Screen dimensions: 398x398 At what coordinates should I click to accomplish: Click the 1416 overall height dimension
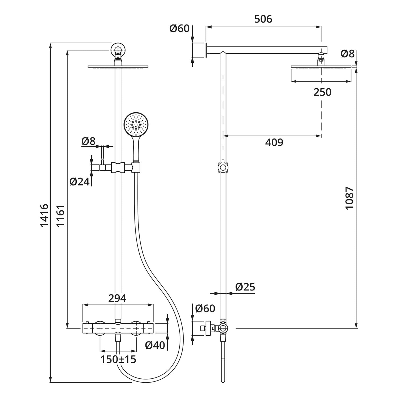[x=44, y=215]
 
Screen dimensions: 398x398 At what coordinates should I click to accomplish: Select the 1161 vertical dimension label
[x=60, y=215]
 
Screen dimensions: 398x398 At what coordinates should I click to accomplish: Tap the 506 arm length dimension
[x=263, y=19]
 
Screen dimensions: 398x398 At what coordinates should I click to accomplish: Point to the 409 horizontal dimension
[x=274, y=142]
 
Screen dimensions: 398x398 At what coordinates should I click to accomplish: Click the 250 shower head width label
[x=322, y=92]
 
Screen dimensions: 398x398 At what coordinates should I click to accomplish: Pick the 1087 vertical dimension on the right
[x=349, y=198]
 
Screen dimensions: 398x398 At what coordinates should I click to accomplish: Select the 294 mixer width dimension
[x=117, y=298]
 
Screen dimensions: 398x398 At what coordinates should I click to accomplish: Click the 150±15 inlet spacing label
[x=118, y=359]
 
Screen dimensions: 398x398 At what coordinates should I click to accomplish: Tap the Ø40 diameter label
[x=155, y=345]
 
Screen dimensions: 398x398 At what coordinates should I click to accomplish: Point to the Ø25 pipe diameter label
[x=245, y=287]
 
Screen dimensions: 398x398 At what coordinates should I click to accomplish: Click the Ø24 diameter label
[x=80, y=182]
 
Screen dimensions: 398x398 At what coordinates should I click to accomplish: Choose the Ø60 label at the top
[x=180, y=29]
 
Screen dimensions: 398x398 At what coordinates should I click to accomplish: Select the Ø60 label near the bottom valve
[x=205, y=308]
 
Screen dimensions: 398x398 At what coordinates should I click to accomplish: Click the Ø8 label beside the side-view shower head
[x=348, y=54]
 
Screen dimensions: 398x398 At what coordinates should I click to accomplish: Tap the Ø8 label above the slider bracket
[x=88, y=141]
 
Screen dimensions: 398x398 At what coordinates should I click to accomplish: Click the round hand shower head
[x=136, y=123]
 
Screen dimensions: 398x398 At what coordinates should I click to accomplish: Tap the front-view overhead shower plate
[x=118, y=67]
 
